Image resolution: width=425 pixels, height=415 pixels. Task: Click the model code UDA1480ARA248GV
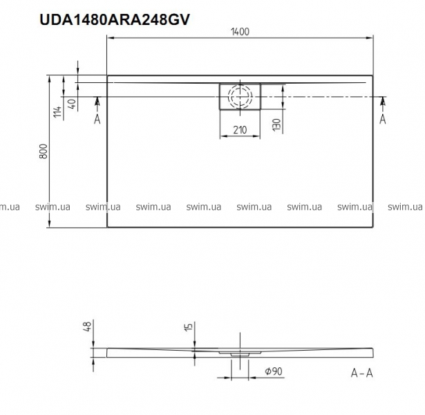coord(115,19)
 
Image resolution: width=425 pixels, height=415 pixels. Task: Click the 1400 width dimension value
coord(240,32)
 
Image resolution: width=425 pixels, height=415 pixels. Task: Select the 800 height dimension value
coord(44,151)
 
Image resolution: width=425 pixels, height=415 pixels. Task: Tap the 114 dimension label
coord(57,112)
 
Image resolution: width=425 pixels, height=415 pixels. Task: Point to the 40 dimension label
coord(72,104)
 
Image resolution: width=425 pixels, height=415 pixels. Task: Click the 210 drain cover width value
coord(240,130)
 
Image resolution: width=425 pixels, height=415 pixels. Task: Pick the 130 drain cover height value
coord(276,124)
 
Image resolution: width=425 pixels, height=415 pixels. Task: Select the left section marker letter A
coord(97,119)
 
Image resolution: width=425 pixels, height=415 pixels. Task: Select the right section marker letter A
coord(382,119)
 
